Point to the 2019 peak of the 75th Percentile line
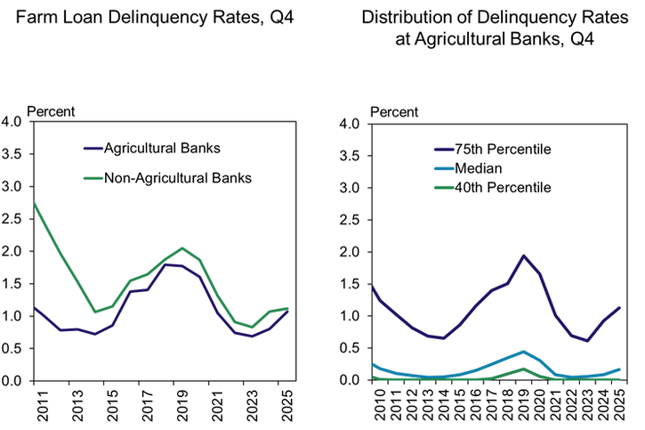[523, 256]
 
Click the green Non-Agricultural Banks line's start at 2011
[33, 203]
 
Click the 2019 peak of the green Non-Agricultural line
[182, 248]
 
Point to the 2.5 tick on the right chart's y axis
[351, 220]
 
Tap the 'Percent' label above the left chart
[52, 111]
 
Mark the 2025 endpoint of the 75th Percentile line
[619, 308]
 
